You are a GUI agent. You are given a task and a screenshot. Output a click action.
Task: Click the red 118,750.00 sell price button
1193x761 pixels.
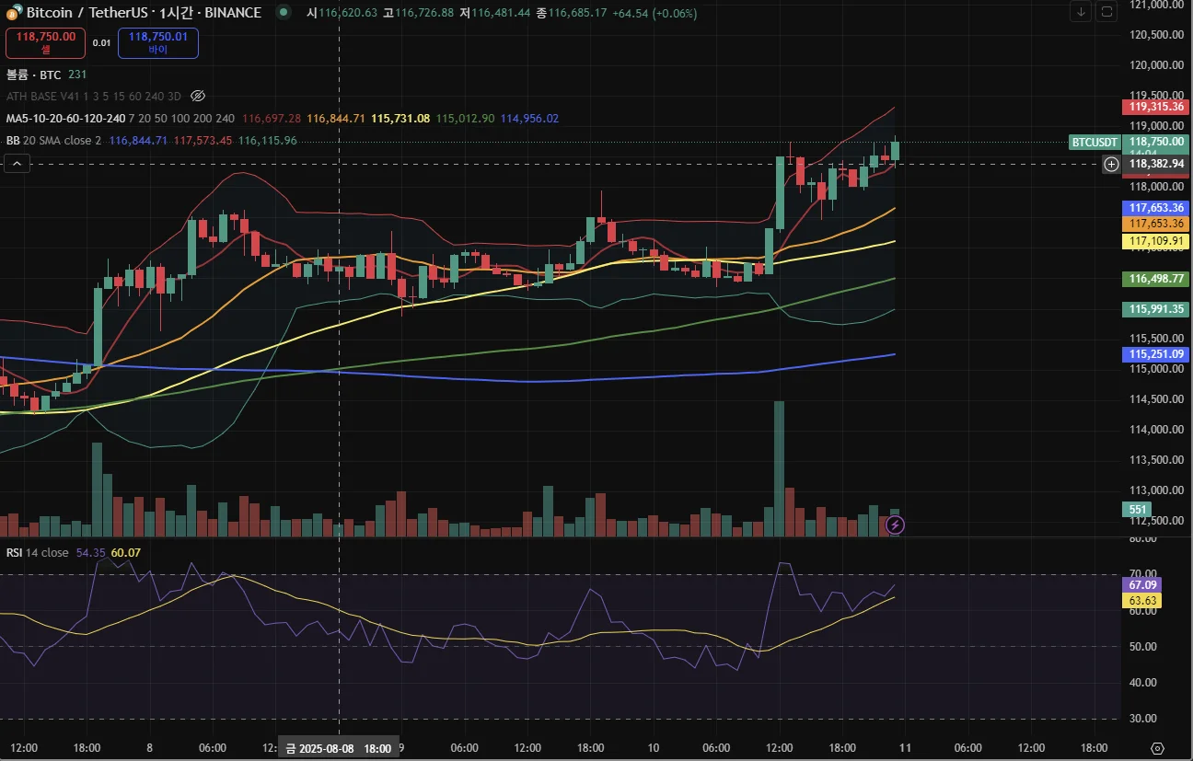click(x=45, y=42)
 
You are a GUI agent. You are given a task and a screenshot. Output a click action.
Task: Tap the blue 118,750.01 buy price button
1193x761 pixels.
click(x=157, y=42)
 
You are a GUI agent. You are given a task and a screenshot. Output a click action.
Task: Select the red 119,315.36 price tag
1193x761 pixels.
click(x=1158, y=107)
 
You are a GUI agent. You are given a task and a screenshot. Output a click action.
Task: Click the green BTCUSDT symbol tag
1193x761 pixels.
click(x=1095, y=142)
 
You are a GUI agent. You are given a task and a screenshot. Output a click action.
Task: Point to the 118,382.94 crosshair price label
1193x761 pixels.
click(x=1157, y=164)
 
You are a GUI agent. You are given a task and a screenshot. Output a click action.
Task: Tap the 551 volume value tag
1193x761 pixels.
click(x=1138, y=510)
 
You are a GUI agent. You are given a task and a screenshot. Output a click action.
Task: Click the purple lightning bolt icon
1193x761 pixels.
click(x=895, y=525)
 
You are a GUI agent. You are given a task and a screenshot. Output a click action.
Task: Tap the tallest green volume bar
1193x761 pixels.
click(x=779, y=468)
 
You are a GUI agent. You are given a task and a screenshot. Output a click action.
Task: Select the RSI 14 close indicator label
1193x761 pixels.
click(x=38, y=552)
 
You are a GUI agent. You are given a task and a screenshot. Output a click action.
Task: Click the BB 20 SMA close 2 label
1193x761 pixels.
click(x=53, y=141)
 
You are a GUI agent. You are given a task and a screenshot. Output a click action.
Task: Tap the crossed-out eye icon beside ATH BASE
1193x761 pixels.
click(x=198, y=96)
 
